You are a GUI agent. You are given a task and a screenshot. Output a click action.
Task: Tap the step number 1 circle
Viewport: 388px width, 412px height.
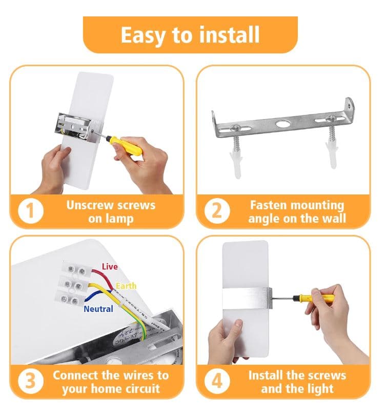coord(31,211)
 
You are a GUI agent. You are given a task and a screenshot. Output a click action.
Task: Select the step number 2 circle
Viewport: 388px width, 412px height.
coord(217,211)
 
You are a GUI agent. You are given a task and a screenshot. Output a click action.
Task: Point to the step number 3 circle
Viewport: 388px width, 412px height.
coord(31,381)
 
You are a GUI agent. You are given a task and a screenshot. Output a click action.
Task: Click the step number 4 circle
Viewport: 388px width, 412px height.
coord(217,381)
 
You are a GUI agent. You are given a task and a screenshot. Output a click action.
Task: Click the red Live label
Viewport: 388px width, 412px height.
coord(110,266)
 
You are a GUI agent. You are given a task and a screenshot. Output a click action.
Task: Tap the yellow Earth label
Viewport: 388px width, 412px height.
coord(126,286)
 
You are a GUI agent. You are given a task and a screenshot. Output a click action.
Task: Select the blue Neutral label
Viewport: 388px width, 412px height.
coord(98,309)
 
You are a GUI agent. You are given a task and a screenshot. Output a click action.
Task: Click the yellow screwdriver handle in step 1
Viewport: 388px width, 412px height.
coord(126,145)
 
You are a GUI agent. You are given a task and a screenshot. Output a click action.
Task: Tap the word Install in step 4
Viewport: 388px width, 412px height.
coord(265,375)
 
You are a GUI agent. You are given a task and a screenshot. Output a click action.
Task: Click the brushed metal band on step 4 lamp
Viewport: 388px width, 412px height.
coord(247,298)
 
